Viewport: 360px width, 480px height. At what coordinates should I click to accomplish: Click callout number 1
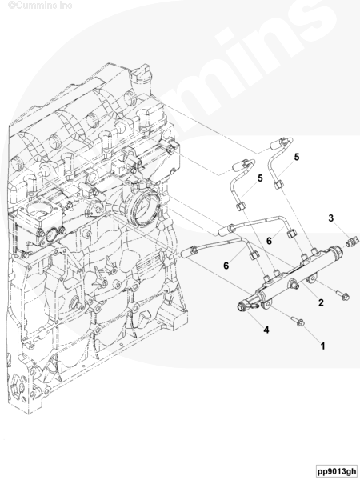(322, 346)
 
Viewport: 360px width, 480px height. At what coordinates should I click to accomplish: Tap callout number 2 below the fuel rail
(321, 302)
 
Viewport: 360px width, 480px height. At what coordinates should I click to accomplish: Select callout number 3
(331, 218)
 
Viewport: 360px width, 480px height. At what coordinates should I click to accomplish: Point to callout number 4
(266, 330)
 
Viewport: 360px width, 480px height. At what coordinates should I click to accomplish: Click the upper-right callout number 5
(297, 157)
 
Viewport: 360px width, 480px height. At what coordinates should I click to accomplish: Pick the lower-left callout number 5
(260, 178)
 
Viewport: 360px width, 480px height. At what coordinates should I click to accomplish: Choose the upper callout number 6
(269, 241)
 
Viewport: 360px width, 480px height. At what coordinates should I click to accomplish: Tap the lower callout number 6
(226, 266)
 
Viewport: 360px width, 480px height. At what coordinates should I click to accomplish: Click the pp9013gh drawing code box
(337, 471)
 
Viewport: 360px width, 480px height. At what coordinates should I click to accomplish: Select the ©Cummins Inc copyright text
(40, 5)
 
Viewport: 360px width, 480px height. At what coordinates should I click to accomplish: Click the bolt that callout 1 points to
(298, 322)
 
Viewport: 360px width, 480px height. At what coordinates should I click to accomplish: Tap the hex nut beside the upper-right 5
(278, 185)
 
